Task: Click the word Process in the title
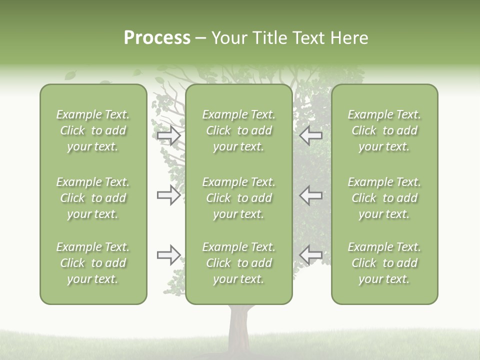click(x=157, y=38)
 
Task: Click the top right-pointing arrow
click(x=169, y=136)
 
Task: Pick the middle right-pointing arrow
click(x=169, y=195)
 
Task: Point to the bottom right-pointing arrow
click(x=169, y=255)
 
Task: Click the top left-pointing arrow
click(x=310, y=135)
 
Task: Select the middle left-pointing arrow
click(x=310, y=195)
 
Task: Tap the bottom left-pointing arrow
click(x=310, y=255)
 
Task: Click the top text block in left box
click(x=93, y=130)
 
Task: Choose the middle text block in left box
click(x=93, y=198)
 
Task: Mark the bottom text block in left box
click(x=93, y=263)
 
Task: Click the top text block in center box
click(x=239, y=130)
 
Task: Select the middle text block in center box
click(x=239, y=198)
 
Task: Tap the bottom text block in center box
click(x=239, y=263)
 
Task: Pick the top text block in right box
click(x=384, y=130)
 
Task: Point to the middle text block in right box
click(x=384, y=198)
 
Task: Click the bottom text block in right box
click(x=384, y=263)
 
